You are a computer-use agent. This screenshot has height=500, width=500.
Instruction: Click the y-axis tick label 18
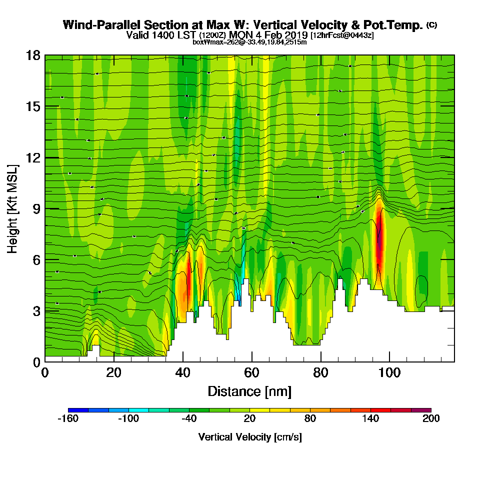33,55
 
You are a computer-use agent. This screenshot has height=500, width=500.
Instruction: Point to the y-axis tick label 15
33,106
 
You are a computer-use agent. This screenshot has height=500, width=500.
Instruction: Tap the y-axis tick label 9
36,208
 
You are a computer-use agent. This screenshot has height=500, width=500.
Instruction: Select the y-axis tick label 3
36,311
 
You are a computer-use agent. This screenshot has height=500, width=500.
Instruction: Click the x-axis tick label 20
114,373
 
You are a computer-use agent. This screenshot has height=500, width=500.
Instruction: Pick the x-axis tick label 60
251,373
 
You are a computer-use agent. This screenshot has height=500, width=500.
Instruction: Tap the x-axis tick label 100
389,373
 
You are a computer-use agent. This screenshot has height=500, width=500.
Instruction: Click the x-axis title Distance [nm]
249,391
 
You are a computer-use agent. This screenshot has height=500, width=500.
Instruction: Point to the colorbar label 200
431,419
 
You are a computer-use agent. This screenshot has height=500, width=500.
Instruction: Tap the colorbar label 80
310,419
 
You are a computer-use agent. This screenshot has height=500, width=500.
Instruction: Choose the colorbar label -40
188,419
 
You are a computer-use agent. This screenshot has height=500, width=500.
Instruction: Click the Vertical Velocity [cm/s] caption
249,437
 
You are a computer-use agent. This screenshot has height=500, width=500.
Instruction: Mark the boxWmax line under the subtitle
249,42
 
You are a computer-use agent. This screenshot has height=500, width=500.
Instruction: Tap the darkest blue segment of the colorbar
78,410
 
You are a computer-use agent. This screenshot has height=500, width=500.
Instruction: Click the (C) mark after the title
431,25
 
